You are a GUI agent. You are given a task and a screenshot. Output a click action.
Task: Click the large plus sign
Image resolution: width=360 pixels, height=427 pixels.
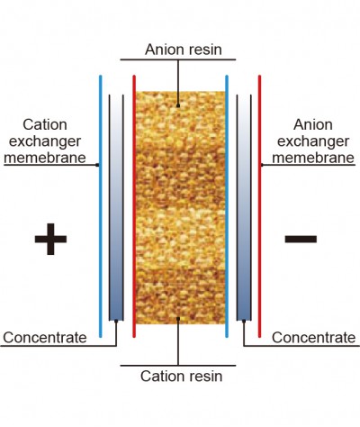click(50, 239)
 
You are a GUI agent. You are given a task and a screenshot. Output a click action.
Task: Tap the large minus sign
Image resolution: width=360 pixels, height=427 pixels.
click(301, 239)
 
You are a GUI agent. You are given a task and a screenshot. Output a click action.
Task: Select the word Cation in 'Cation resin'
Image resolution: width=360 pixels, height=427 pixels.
click(160, 376)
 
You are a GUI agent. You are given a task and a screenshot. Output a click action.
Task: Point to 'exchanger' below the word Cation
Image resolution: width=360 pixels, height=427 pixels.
click(45, 141)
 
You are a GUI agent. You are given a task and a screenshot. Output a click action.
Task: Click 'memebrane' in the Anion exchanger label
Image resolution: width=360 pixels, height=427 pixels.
click(313, 158)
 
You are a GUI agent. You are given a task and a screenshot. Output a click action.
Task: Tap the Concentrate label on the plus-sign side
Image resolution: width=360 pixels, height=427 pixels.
click(45, 338)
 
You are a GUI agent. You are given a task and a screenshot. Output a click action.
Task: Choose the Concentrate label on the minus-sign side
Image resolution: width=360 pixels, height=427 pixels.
click(314, 338)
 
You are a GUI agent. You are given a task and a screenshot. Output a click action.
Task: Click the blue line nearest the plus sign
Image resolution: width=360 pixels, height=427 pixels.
click(101, 206)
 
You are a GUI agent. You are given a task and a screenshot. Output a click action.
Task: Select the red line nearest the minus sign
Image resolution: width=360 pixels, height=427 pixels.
click(259, 206)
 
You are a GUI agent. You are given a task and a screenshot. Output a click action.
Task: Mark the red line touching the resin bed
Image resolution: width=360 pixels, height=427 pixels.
click(134, 206)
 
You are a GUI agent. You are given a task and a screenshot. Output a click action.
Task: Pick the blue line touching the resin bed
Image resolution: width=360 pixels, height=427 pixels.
click(227, 206)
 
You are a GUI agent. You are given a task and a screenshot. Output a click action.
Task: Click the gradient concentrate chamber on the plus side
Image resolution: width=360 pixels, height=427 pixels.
click(116, 208)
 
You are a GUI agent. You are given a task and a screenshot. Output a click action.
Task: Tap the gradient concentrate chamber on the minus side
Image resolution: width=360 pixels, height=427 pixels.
click(244, 208)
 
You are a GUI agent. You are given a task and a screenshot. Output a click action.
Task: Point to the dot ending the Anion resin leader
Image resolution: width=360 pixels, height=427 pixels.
click(178, 105)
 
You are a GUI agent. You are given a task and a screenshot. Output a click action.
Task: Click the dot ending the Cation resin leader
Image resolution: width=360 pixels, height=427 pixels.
click(178, 319)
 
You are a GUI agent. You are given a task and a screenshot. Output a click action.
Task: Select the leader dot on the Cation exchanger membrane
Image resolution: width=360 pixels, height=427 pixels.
click(97, 165)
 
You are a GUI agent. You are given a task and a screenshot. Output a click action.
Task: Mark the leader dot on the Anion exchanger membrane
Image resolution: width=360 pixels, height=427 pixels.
click(262, 165)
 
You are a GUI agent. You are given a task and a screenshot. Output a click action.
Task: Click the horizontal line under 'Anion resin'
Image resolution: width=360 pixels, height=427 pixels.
click(178, 59)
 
